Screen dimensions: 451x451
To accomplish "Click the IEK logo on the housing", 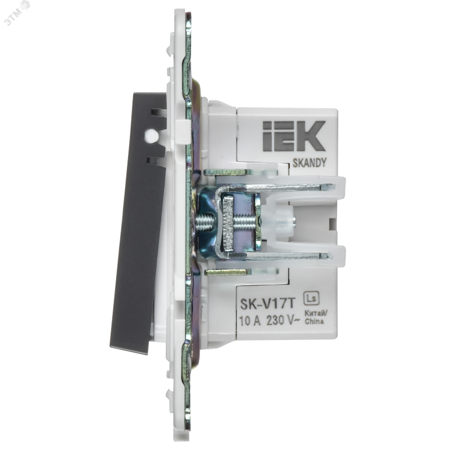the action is [294, 136].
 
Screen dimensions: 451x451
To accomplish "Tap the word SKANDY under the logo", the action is [309, 163].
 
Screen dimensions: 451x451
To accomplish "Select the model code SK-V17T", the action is [268, 304].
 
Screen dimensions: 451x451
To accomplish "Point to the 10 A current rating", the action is [250, 320].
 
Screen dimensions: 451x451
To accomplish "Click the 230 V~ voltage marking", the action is [283, 320].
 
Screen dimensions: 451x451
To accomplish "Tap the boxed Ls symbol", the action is [312, 299].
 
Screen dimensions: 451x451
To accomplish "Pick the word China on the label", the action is [314, 321].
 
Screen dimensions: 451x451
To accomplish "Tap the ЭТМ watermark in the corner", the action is [17, 13].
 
